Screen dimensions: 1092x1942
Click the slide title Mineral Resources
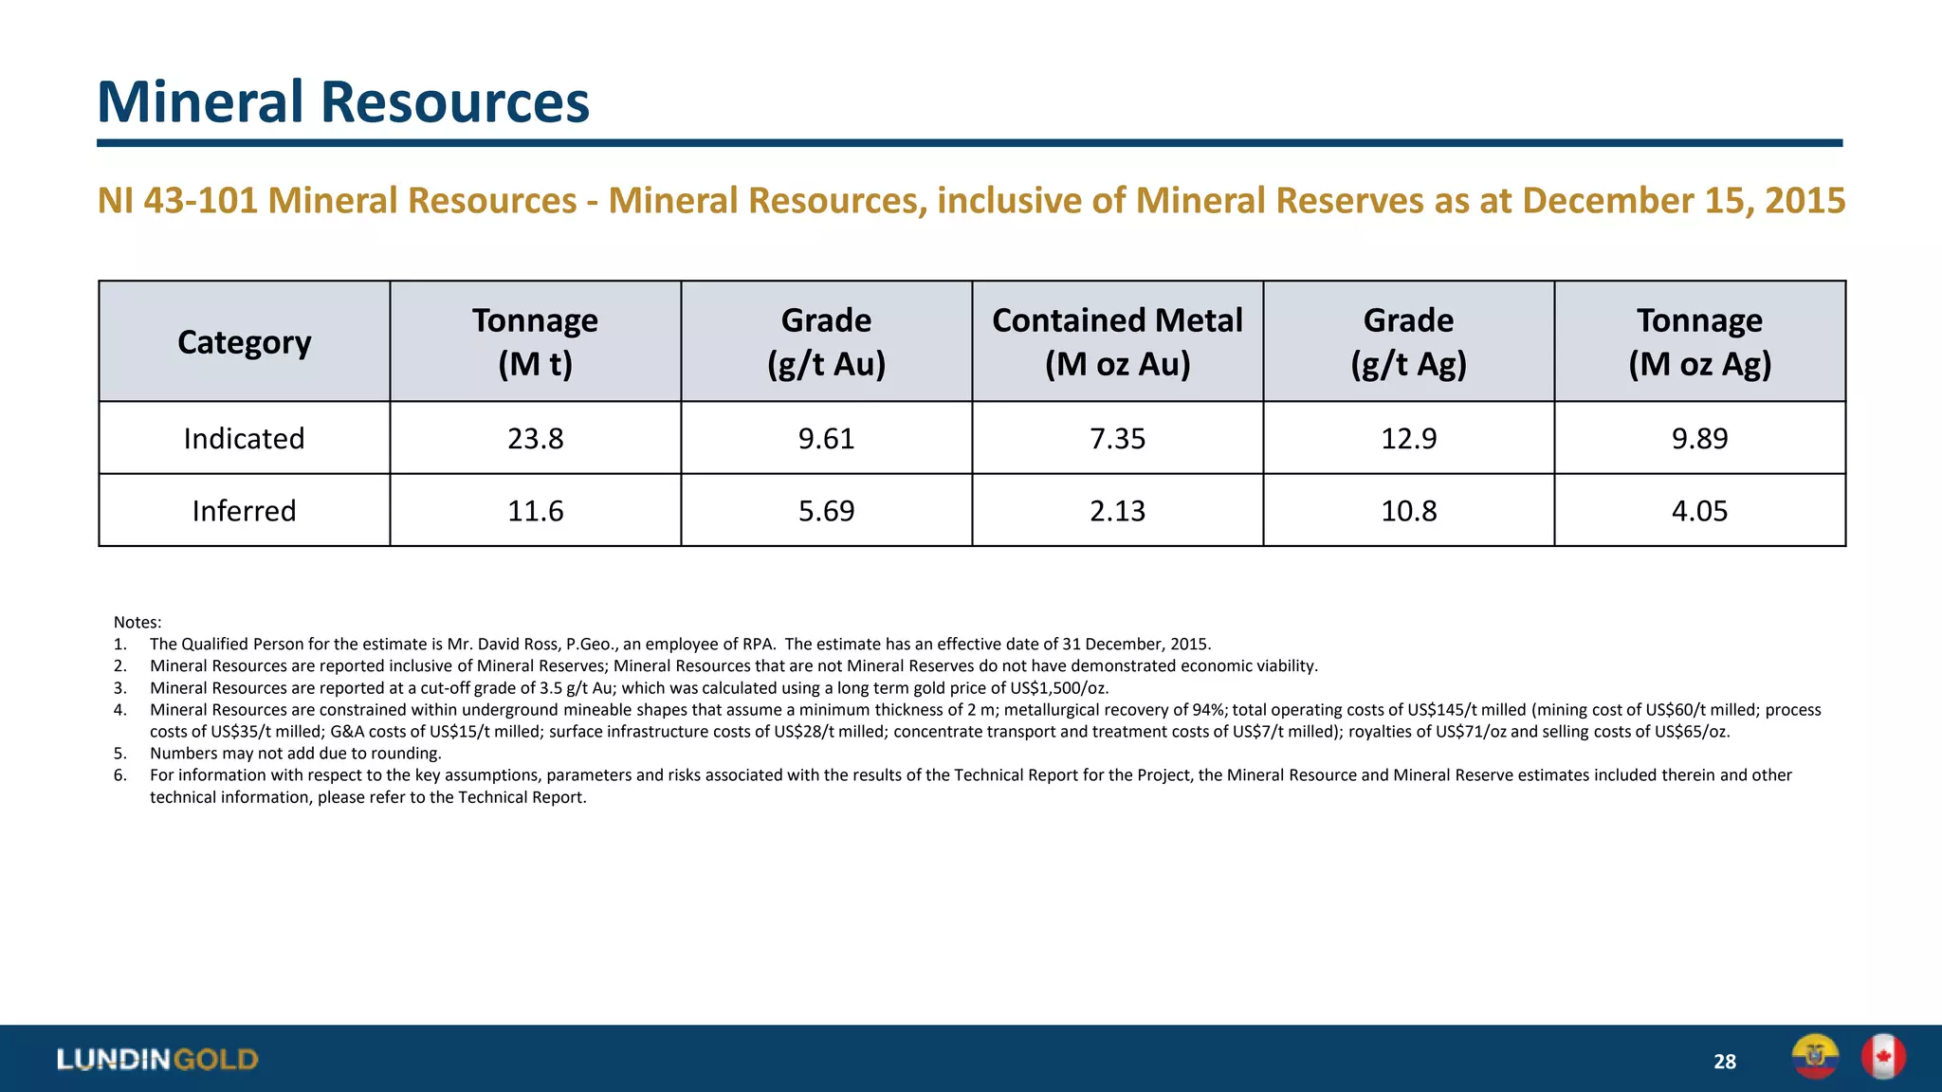[x=342, y=101]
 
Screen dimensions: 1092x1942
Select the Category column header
[x=244, y=342]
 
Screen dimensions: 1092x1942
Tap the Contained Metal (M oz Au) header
[x=1117, y=342]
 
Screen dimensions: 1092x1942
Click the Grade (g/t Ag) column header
[x=1408, y=342]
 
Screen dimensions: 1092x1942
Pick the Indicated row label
[x=244, y=439]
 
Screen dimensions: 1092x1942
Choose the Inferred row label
[x=244, y=511]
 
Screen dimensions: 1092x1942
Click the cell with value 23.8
[x=535, y=439]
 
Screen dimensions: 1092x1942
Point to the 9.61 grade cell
[x=826, y=439]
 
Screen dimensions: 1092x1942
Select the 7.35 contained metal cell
[x=1117, y=439]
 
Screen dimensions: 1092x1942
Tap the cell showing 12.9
[x=1408, y=439]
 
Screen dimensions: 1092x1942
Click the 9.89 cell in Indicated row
[x=1699, y=439]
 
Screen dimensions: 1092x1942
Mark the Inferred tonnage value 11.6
[x=535, y=511]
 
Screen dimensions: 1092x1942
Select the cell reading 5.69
[x=826, y=511]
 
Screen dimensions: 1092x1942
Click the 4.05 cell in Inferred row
[x=1699, y=511]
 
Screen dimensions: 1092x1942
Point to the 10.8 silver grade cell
[x=1408, y=511]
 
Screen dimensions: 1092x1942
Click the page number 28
[x=1724, y=1062]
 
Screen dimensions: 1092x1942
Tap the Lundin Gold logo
[x=157, y=1059]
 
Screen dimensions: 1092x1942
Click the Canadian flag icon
[x=1882, y=1056]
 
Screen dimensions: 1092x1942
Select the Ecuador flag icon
[x=1814, y=1056]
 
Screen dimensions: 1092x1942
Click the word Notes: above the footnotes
[x=137, y=623]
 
